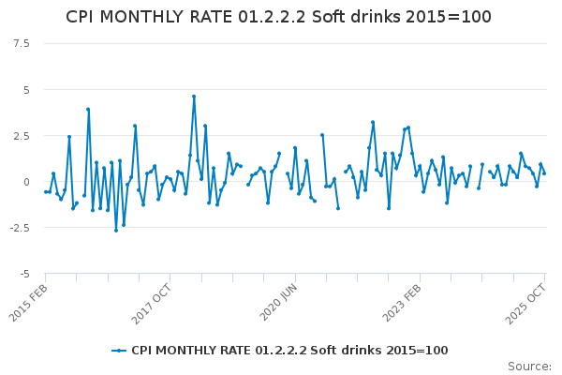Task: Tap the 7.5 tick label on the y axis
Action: click(x=20, y=44)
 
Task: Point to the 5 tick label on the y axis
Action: click(x=25, y=90)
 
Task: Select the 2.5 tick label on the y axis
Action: click(x=20, y=136)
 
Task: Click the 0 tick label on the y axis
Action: click(x=25, y=182)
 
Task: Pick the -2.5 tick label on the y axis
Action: click(x=18, y=228)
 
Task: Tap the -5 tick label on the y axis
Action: click(x=23, y=274)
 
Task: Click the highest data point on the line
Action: click(x=194, y=96)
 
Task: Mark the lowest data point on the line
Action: click(x=116, y=231)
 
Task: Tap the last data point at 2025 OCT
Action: click(x=544, y=173)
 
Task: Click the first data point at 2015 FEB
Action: click(x=46, y=192)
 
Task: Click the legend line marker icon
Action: click(x=119, y=351)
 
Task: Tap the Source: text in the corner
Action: click(x=529, y=367)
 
